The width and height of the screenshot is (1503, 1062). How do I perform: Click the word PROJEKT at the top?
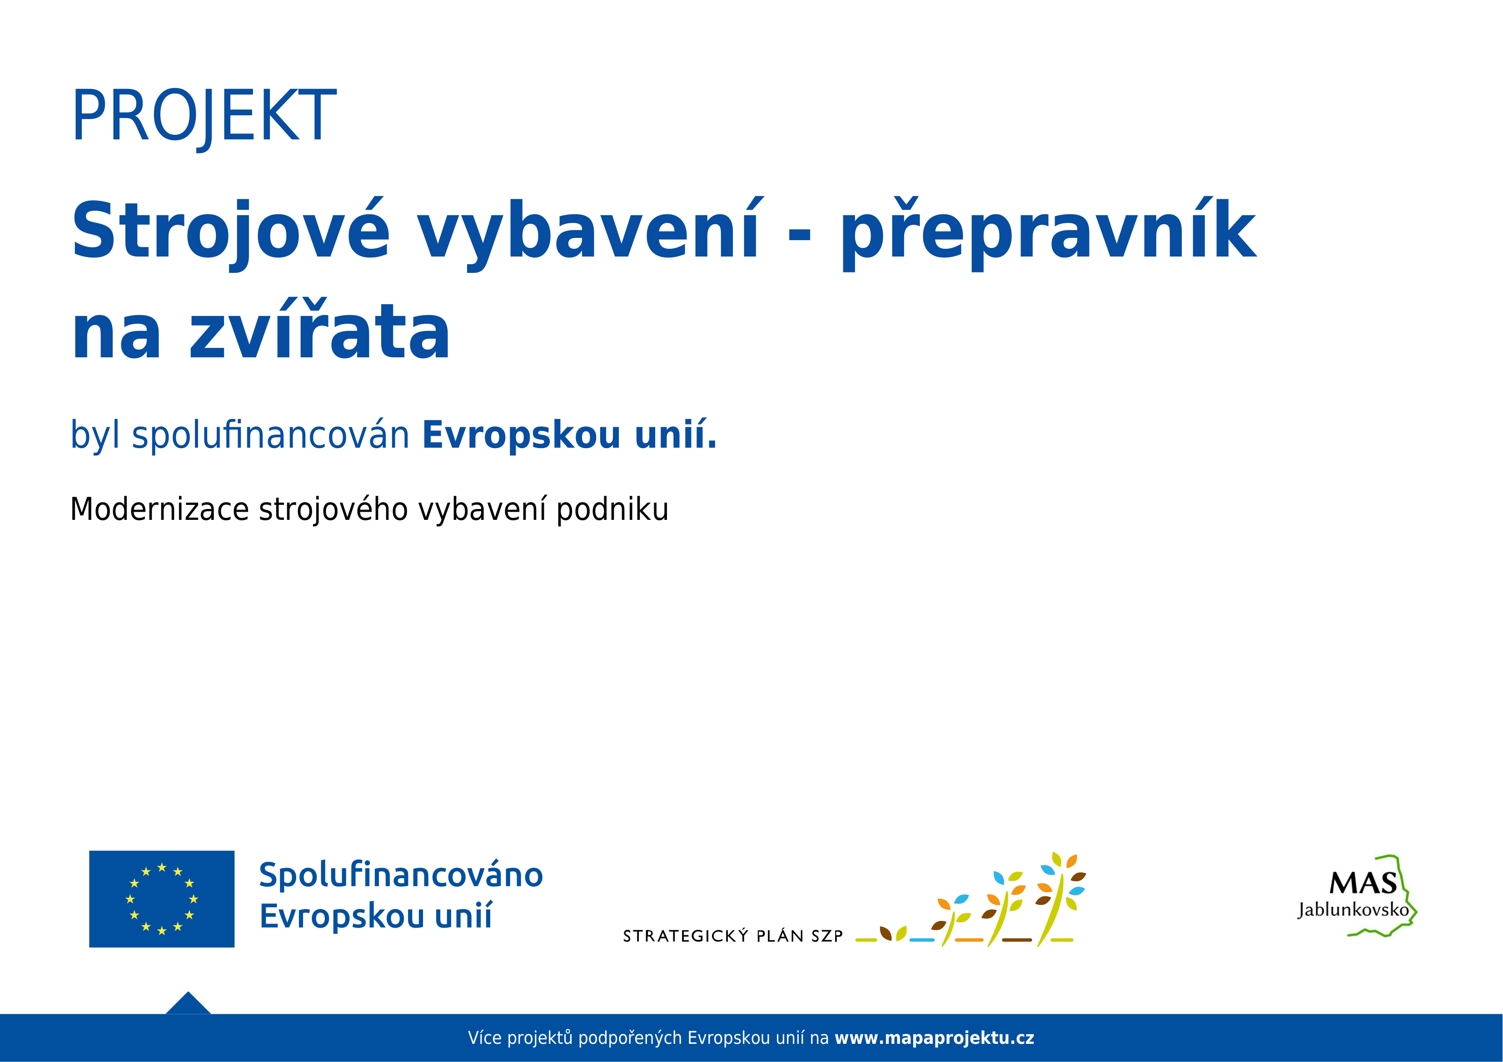(x=204, y=117)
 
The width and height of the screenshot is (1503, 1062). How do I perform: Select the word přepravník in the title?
(x=1048, y=232)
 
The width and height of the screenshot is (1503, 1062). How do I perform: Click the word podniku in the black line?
(x=612, y=510)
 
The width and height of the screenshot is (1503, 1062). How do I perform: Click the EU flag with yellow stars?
(x=162, y=899)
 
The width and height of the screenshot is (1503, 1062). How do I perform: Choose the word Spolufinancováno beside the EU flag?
(x=401, y=875)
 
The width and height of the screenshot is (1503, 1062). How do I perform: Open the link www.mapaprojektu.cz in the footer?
(x=934, y=1038)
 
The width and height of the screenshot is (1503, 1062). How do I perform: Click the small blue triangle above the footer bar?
(x=188, y=1004)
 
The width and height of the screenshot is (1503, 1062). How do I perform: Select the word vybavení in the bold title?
(x=588, y=232)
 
